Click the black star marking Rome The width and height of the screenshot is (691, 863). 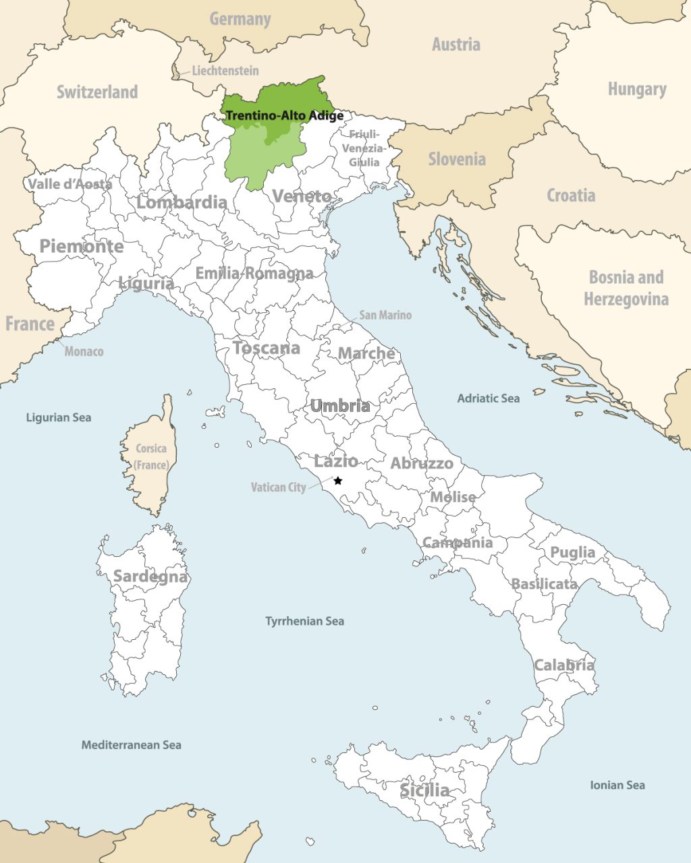tap(338, 481)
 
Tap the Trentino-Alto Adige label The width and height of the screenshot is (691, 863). tap(284, 115)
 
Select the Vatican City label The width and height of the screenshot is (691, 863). tap(278, 487)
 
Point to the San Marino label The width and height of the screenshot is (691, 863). tap(385, 315)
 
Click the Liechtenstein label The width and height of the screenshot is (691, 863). tap(225, 70)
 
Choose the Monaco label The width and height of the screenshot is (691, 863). tap(84, 351)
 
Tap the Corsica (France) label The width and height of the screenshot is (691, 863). tap(150, 456)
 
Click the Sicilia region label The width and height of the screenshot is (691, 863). tap(424, 790)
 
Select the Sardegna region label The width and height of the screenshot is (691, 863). tap(150, 576)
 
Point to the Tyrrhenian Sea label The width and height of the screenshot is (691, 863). tap(304, 621)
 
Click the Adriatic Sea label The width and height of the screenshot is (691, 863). tap(488, 398)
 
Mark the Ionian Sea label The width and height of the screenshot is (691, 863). tap(617, 785)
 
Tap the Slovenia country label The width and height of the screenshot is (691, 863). tap(457, 159)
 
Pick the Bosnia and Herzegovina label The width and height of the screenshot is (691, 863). tap(626, 288)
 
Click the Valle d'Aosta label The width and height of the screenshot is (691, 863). tap(70, 183)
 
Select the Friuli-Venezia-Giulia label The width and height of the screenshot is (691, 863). tap(364, 148)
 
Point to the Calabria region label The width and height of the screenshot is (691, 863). tap(564, 665)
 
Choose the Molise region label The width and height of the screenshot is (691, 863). tap(453, 496)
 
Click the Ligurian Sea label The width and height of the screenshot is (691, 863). tap(58, 417)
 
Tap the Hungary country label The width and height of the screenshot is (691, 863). tap(636, 89)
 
